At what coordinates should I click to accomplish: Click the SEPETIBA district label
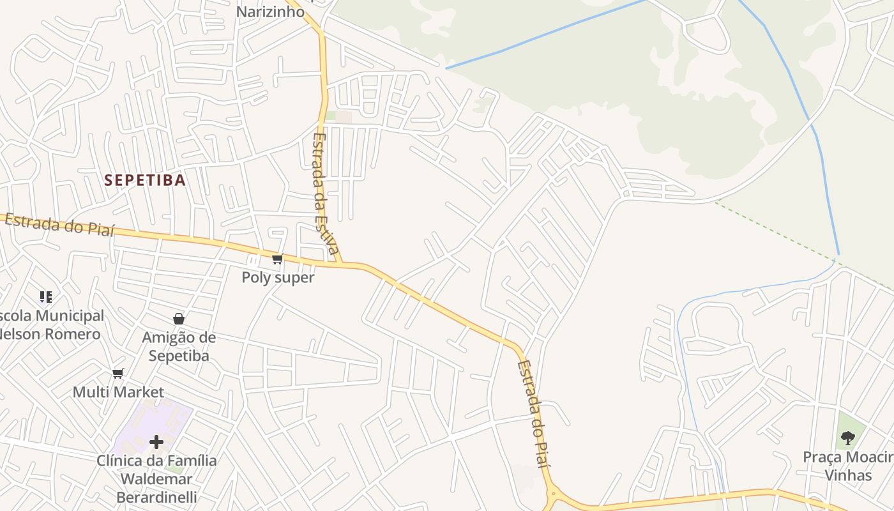[145, 180]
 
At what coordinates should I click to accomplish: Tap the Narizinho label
[270, 11]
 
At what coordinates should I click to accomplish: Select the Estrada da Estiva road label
[325, 193]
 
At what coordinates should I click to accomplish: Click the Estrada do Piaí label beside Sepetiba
[60, 225]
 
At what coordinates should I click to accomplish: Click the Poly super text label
[278, 278]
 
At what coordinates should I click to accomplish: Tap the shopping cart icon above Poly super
[277, 259]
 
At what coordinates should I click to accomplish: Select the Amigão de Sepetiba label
[179, 346]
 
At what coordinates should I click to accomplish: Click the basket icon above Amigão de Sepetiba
[179, 319]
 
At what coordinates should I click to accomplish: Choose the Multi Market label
[118, 392]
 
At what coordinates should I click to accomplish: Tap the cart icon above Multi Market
[117, 374]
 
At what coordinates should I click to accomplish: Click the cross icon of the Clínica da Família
[156, 441]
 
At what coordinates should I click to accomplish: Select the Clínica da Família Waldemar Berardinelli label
[156, 478]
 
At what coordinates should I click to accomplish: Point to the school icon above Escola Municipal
[45, 296]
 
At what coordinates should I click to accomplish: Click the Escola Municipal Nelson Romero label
[51, 325]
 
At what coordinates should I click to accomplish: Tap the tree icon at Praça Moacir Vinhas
[847, 438]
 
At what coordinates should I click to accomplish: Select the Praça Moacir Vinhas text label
[848, 466]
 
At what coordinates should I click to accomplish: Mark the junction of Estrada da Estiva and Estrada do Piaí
[344, 263]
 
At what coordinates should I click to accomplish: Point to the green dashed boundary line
[798, 243]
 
